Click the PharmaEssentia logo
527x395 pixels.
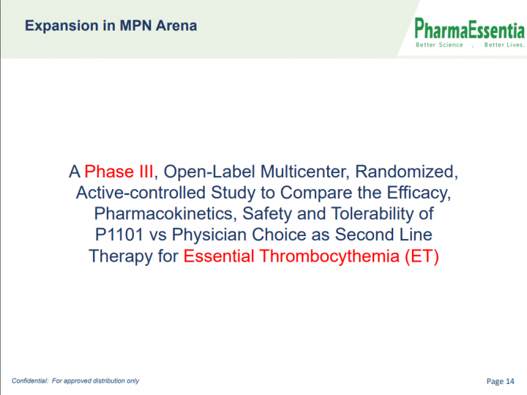[469, 33]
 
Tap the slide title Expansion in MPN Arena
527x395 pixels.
[111, 26]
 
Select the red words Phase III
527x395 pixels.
[119, 171]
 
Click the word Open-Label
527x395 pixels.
[209, 171]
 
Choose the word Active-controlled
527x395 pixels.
[141, 193]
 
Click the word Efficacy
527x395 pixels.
[419, 193]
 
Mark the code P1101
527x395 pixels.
[119, 235]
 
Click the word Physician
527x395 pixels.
[209, 235]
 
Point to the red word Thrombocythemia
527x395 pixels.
[329, 256]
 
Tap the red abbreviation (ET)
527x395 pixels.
[422, 256]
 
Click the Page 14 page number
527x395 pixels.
[500, 381]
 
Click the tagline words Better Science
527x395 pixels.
[439, 45]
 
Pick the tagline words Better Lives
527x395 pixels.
[504, 45]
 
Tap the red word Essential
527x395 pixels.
[218, 256]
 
